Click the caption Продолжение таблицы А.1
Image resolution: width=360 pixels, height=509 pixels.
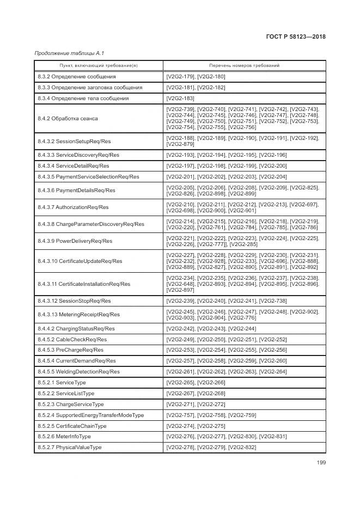coord(69,53)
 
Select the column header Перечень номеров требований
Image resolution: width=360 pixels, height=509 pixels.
coord(245,65)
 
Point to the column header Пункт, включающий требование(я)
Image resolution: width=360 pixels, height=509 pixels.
coord(99,65)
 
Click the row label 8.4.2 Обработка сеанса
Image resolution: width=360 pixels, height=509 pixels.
coord(68,118)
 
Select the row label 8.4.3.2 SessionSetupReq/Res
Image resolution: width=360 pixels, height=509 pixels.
coord(75,142)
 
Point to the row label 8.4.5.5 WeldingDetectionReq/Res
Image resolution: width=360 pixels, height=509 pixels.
coord(78,371)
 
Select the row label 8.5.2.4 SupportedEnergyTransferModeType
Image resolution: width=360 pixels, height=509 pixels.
coord(90,415)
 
